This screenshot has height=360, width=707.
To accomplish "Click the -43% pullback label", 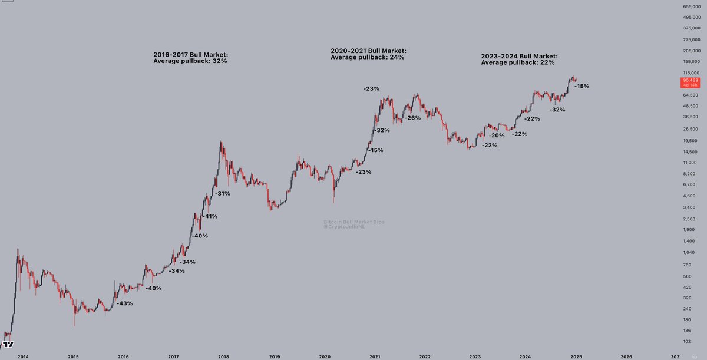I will point(124,303).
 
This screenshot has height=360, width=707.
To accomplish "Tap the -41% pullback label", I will point(210,216).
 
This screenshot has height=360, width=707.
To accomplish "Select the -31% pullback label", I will point(222,193).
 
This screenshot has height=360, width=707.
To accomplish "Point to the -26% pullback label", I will point(412,118).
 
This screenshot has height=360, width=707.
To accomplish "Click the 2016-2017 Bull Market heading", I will point(190,55).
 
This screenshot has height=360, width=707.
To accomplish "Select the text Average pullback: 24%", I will point(368,57).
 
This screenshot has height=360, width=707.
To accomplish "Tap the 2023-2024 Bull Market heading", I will point(519,57).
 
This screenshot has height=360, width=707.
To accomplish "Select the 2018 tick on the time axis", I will point(224,356).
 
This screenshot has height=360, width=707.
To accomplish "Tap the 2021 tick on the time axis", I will point(375,356).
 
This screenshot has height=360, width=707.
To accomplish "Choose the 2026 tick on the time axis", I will point(626,356).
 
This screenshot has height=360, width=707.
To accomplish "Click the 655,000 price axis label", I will point(691,6).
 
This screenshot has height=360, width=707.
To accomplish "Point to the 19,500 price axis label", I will point(691,140).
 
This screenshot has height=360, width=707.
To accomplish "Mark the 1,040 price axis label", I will point(689,252).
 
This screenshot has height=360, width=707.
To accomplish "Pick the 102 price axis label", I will point(687,342).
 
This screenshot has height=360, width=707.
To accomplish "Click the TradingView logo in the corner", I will point(9,345).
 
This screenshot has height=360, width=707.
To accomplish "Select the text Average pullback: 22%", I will point(518,63).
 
